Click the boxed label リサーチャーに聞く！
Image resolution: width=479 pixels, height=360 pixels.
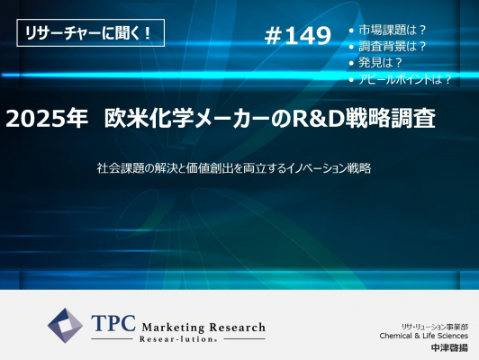(x=90, y=32)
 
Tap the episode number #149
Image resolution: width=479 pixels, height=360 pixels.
(x=297, y=35)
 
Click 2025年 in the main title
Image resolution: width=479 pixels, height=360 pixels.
(x=47, y=119)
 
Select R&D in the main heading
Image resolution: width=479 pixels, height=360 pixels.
(x=316, y=119)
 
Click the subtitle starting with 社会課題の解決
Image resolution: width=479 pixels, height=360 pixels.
(x=234, y=168)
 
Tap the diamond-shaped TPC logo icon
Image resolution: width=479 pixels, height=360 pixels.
(x=65, y=326)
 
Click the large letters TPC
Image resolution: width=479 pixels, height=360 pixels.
(x=113, y=323)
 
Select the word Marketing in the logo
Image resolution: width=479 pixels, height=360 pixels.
(x=173, y=328)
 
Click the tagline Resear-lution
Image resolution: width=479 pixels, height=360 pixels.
(x=178, y=339)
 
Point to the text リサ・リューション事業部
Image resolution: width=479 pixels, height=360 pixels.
(x=435, y=327)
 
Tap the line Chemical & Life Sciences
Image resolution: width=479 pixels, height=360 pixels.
(x=424, y=336)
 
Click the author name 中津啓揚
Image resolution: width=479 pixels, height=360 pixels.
(x=449, y=347)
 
